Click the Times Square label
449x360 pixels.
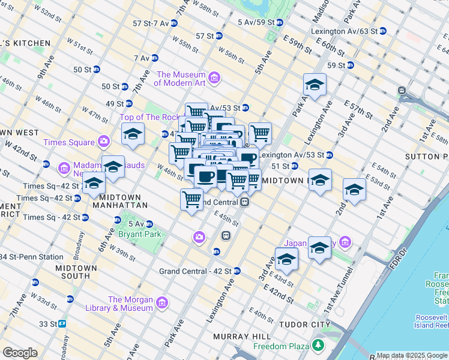69,142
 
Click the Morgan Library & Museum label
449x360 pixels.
130,304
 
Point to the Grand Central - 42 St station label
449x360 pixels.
196,271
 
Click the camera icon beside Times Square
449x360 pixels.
104,142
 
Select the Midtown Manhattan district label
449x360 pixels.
123,201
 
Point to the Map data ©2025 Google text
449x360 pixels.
411,355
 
